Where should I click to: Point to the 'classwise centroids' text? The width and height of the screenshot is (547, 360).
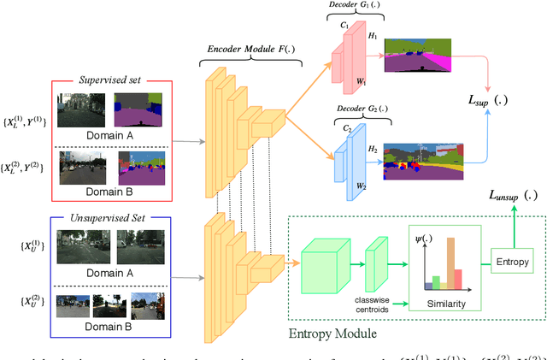pos(373,304)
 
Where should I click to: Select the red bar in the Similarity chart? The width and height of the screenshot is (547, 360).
pos(458,280)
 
